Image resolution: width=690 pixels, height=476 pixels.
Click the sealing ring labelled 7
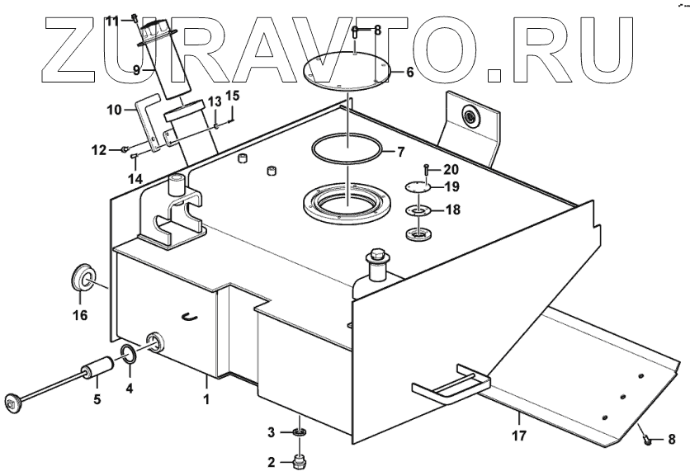[347, 151]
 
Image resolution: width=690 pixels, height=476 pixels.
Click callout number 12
[98, 150]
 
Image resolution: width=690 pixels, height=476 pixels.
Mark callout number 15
[233, 97]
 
